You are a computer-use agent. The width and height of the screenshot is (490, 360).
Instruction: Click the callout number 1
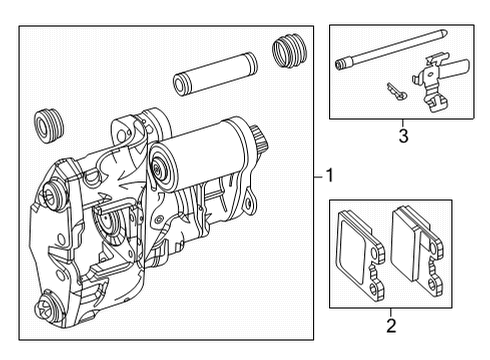pyautogui.click(x=330, y=176)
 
